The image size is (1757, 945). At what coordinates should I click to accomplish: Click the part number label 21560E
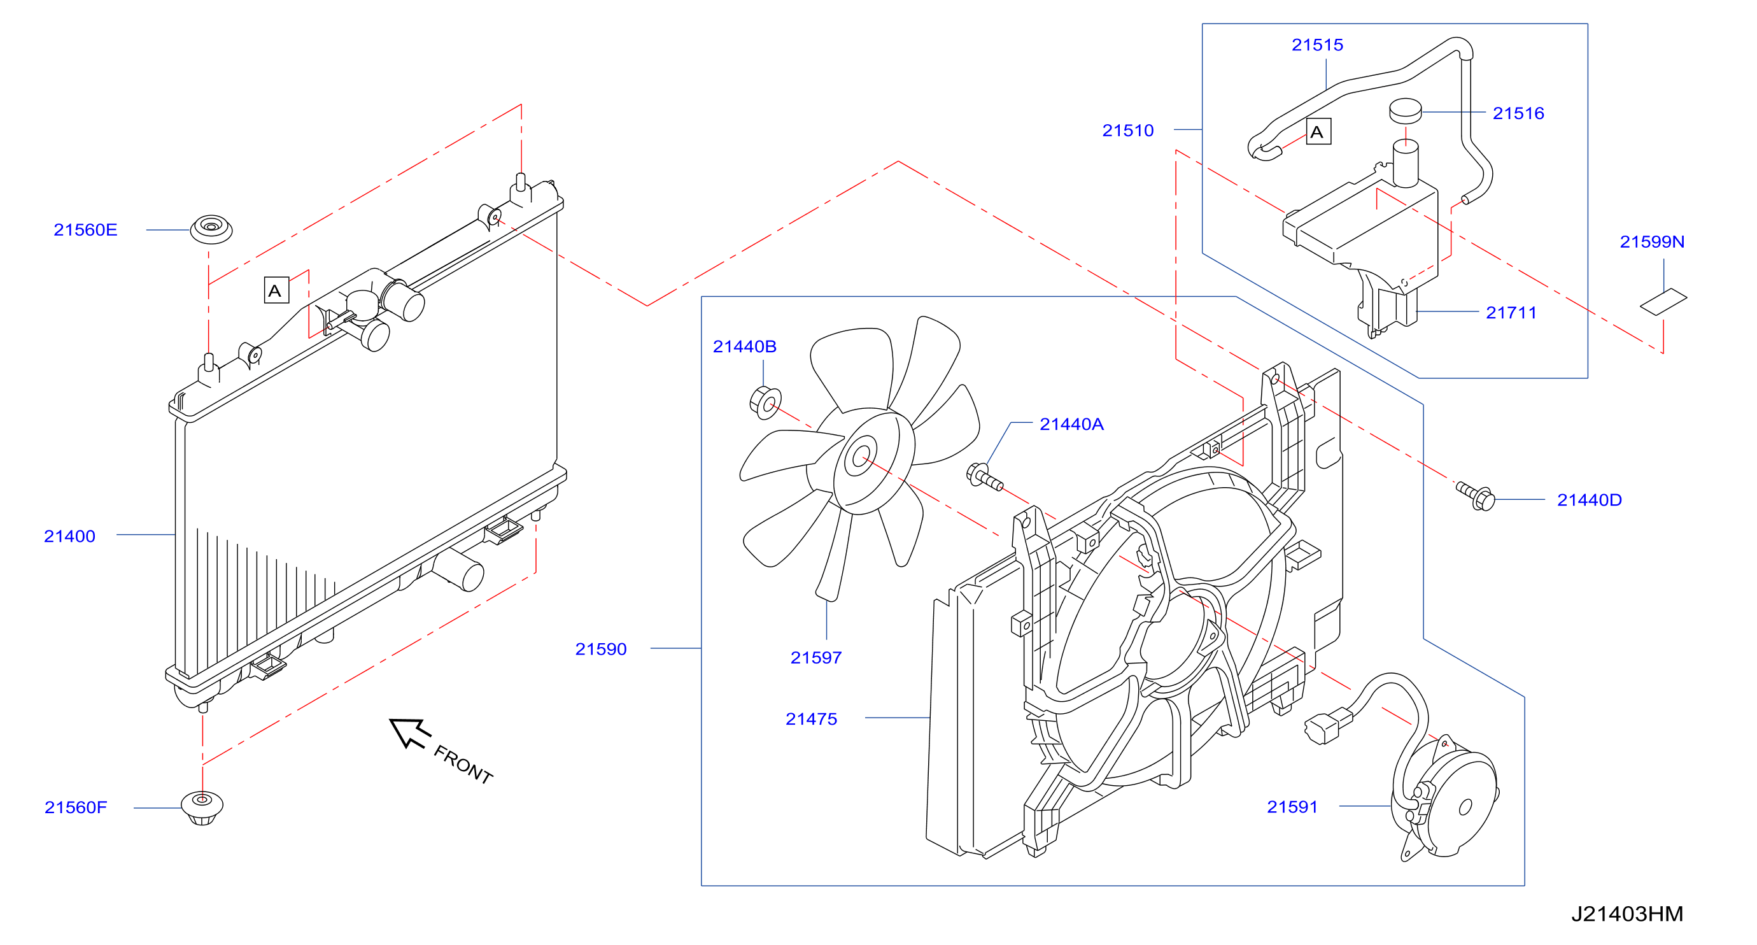pyautogui.click(x=85, y=230)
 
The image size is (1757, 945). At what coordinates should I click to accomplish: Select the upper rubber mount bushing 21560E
pyautogui.click(x=211, y=229)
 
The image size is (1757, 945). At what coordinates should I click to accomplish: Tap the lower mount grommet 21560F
pyautogui.click(x=202, y=808)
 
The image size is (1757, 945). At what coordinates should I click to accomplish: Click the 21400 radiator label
pyautogui.click(x=69, y=536)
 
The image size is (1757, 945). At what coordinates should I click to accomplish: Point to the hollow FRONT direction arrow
pyautogui.click(x=409, y=733)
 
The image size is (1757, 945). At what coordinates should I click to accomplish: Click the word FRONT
pyautogui.click(x=464, y=765)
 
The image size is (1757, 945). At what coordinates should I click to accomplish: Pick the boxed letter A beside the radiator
pyautogui.click(x=276, y=290)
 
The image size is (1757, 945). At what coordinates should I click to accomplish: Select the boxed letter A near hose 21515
pyautogui.click(x=1318, y=132)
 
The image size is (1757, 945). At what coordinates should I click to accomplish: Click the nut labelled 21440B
pyautogui.click(x=765, y=402)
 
